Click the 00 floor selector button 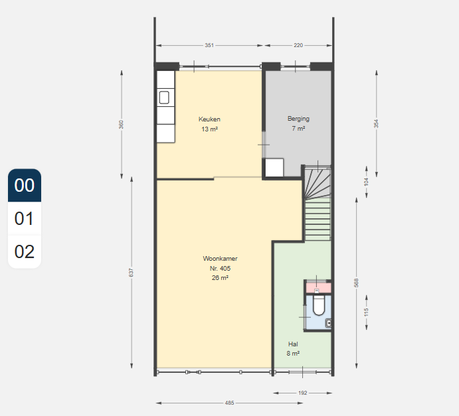coord(25,185)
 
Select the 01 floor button coord(25,218)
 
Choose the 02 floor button coord(25,251)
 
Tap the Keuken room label coord(209,119)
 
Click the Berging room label coord(298,119)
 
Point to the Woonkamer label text coord(220,259)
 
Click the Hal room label coord(293,344)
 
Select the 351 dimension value coord(209,45)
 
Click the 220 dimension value coord(298,45)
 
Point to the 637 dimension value coord(131,273)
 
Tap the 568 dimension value coord(356,283)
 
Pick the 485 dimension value coord(230,403)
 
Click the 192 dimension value coord(303,393)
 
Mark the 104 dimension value coord(366,182)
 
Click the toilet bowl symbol coord(319,306)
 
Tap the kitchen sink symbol coord(164,98)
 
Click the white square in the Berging coord(274,167)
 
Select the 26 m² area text coord(220,278)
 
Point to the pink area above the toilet coord(319,288)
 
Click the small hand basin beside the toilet coord(329,323)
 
